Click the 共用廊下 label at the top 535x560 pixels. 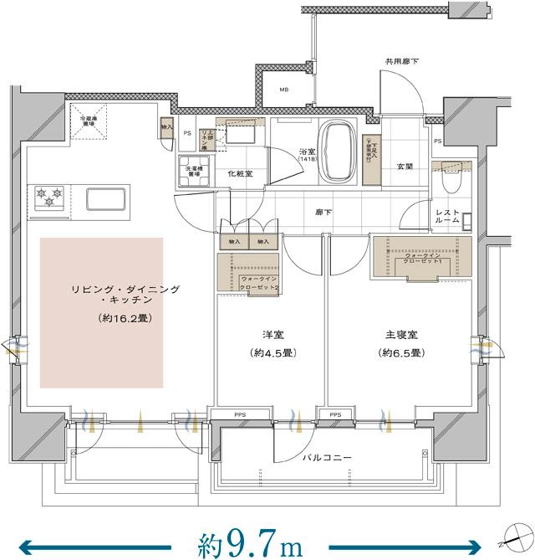tap(401, 62)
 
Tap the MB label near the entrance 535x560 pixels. tap(284, 90)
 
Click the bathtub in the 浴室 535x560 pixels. tap(339, 152)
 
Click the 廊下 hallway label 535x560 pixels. tap(322, 213)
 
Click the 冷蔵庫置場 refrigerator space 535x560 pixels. tap(89, 121)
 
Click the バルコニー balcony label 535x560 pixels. tap(328, 458)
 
